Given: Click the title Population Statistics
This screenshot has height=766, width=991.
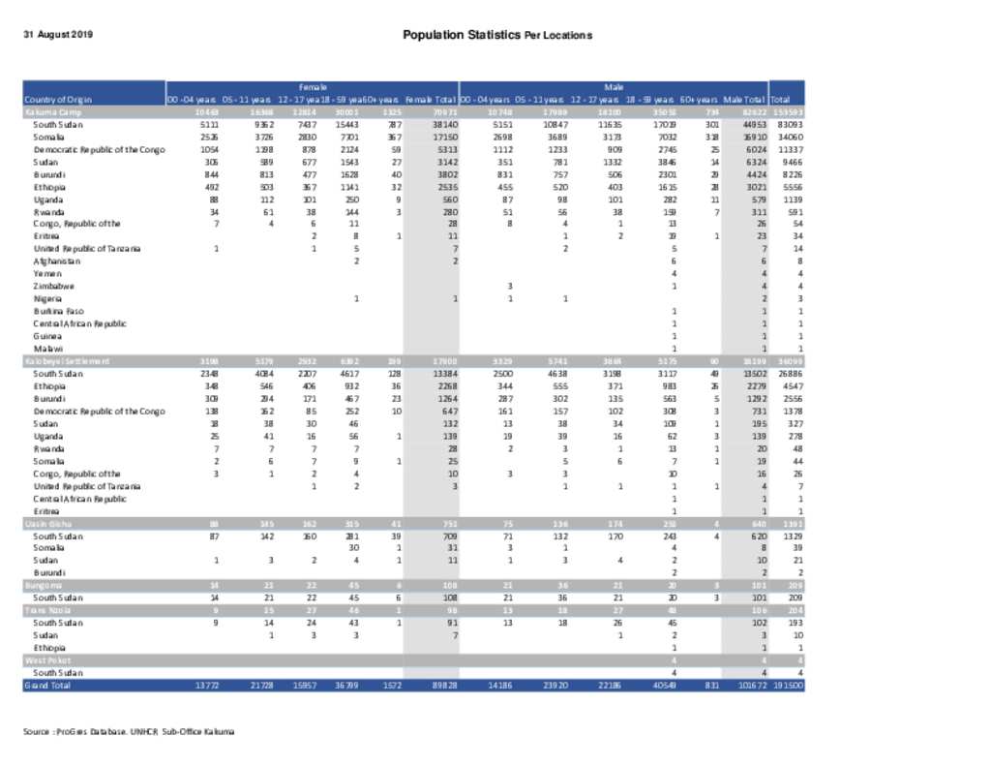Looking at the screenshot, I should click(x=461, y=35).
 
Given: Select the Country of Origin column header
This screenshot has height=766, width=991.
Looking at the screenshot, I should click(x=58, y=100).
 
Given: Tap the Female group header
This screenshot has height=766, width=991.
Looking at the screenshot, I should click(x=312, y=87).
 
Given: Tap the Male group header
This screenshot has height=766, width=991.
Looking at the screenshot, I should click(x=614, y=87).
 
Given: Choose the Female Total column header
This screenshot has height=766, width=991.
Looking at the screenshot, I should click(x=431, y=100).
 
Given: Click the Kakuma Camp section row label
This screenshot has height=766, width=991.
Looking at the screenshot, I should click(x=50, y=112).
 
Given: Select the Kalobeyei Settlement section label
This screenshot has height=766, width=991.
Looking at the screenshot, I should click(x=66, y=360).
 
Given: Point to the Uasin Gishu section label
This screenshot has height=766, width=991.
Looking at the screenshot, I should click(x=46, y=523).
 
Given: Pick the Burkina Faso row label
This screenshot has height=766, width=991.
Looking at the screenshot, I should click(x=58, y=311).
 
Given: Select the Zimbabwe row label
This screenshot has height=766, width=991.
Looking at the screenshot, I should click(x=54, y=287).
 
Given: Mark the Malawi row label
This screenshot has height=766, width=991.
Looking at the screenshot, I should click(x=48, y=348).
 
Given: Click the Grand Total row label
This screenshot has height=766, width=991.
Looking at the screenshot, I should click(x=47, y=685).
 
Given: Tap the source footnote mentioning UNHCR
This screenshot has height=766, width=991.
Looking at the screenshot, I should click(x=129, y=731).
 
